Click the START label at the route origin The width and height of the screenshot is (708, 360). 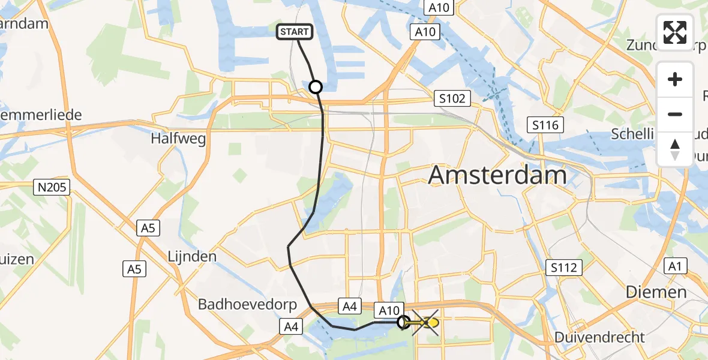[294, 32]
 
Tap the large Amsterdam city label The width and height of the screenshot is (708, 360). [498, 176]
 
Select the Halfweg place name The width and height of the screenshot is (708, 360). [178, 139]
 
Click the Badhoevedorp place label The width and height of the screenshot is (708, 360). [248, 304]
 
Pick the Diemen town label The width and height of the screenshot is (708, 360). [656, 292]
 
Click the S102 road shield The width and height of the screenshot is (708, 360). [452, 98]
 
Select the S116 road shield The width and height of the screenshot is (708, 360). [545, 125]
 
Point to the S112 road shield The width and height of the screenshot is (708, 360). [565, 266]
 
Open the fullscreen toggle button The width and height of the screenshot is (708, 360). [675, 32]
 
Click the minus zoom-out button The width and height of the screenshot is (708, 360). [675, 114]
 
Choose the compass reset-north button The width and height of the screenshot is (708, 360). [675, 149]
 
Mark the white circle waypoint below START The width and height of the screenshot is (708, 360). [316, 87]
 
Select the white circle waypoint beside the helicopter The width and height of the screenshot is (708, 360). [404, 322]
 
